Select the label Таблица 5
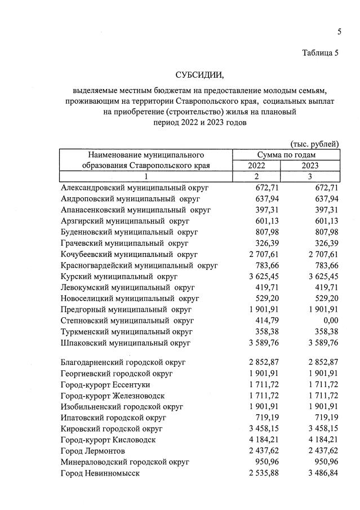pyautogui.click(x=321, y=54)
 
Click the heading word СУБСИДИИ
pyautogui.click(x=199, y=75)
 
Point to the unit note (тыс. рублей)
pyautogui.click(x=314, y=144)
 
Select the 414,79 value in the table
pyautogui.click(x=267, y=321)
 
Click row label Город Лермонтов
pyautogui.click(x=93, y=451)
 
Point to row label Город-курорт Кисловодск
pyautogui.click(x=108, y=440)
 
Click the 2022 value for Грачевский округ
pyautogui.click(x=267, y=243)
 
